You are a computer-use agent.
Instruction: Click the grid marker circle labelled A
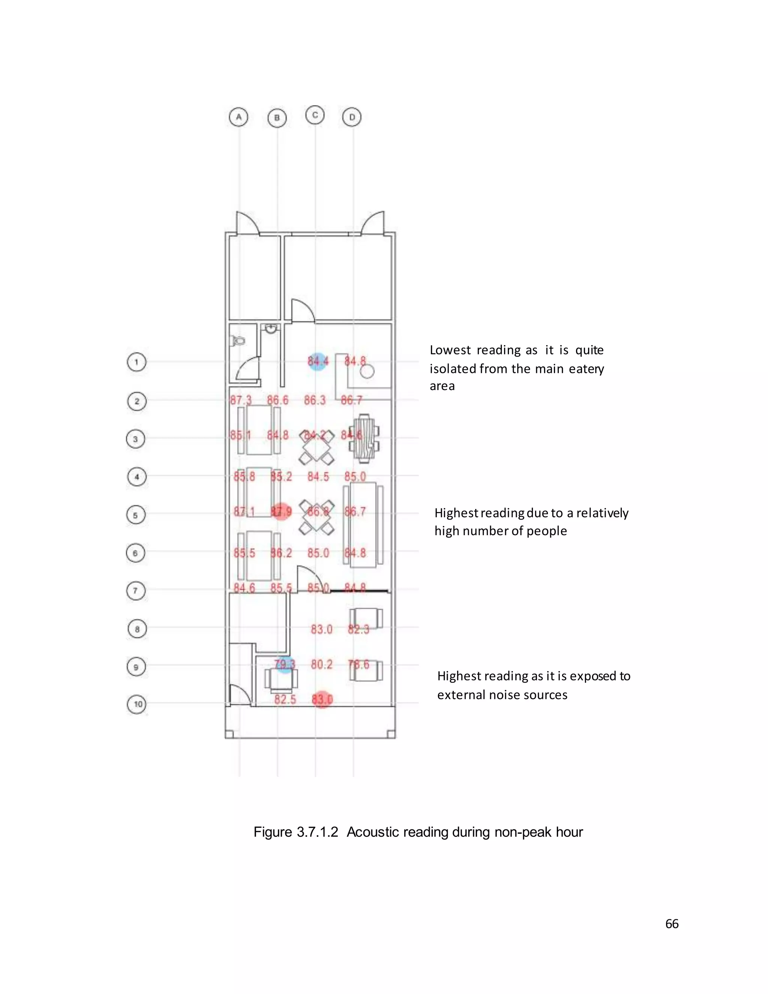tap(238, 117)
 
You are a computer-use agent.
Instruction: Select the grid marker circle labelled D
tap(352, 117)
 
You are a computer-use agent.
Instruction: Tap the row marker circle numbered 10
tap(137, 704)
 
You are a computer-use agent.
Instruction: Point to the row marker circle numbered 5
tap(135, 515)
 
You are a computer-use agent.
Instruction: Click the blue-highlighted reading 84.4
tap(318, 361)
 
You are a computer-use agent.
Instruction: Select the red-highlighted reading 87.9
tap(281, 512)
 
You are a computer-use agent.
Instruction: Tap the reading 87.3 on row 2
tap(241, 400)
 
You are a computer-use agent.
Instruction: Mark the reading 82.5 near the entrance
tap(285, 699)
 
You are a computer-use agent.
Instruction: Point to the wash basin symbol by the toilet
tap(271, 329)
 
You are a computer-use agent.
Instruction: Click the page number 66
tap(672, 923)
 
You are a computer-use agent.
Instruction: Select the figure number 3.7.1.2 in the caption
tap(318, 832)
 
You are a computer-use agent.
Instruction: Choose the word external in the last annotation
tap(461, 695)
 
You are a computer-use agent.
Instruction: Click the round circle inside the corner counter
tap(367, 371)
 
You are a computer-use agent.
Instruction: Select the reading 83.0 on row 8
tap(322, 629)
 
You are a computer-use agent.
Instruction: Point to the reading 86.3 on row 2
tap(315, 400)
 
